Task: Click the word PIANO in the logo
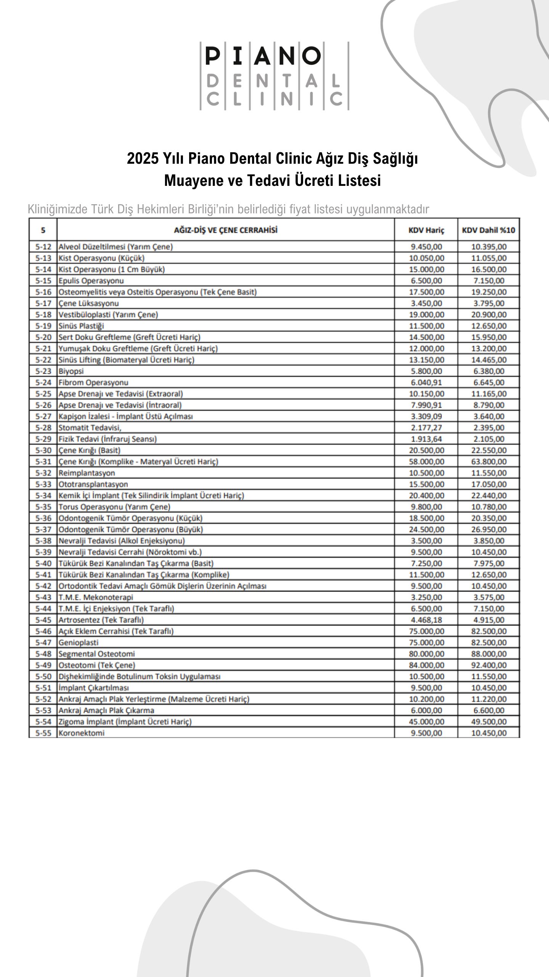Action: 263,56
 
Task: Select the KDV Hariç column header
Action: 426,230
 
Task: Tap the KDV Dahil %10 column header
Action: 488,230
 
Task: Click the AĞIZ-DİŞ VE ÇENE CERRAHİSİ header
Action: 226,230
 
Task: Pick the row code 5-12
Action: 43,247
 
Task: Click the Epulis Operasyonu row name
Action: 91,281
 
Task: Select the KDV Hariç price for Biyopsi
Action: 426,371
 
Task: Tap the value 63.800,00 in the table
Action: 489,461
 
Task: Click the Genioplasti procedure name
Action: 78,642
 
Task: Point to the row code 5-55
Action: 43,733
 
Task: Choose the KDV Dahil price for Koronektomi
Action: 489,733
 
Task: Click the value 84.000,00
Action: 426,665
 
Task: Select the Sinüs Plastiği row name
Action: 81,326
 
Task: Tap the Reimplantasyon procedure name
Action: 87,473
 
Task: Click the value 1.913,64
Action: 426,439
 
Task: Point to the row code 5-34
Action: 43,495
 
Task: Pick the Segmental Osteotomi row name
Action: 96,654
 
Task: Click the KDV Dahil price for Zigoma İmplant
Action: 489,721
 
